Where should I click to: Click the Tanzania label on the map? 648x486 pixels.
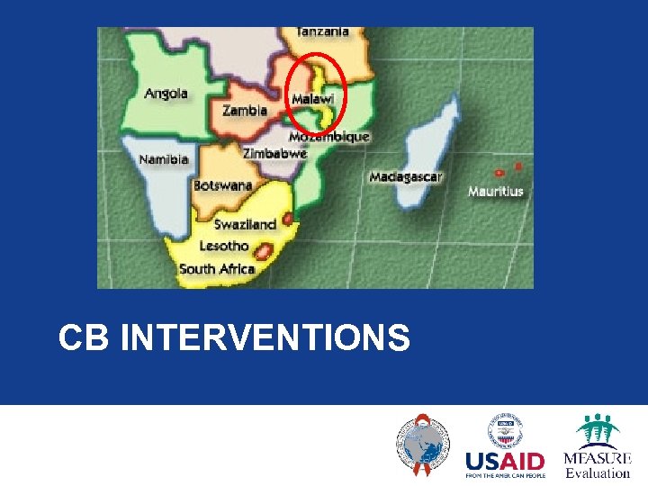pyautogui.click(x=322, y=31)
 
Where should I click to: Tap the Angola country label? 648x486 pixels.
pyautogui.click(x=166, y=93)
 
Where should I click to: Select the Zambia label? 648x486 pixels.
pyautogui.click(x=245, y=111)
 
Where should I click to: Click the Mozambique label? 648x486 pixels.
pyautogui.click(x=328, y=137)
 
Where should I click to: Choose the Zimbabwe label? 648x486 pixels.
pyautogui.click(x=274, y=154)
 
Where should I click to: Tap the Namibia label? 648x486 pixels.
pyautogui.click(x=164, y=159)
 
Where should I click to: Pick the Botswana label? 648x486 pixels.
pyautogui.click(x=222, y=186)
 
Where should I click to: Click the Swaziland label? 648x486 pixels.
pyautogui.click(x=245, y=225)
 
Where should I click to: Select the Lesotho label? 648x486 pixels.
pyautogui.click(x=223, y=246)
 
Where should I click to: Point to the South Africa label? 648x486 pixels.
pyautogui.click(x=217, y=268)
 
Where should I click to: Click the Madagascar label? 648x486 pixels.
pyautogui.click(x=405, y=177)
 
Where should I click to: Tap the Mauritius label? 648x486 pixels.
pyautogui.click(x=495, y=192)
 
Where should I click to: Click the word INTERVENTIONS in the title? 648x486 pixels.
pyautogui.click(x=265, y=339)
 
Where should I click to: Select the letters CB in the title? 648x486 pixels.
pyautogui.click(x=83, y=339)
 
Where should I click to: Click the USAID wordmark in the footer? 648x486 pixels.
pyautogui.click(x=504, y=462)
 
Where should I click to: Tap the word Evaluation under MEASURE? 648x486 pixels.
pyautogui.click(x=598, y=473)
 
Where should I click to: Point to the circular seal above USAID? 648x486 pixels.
pyautogui.click(x=505, y=429)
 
